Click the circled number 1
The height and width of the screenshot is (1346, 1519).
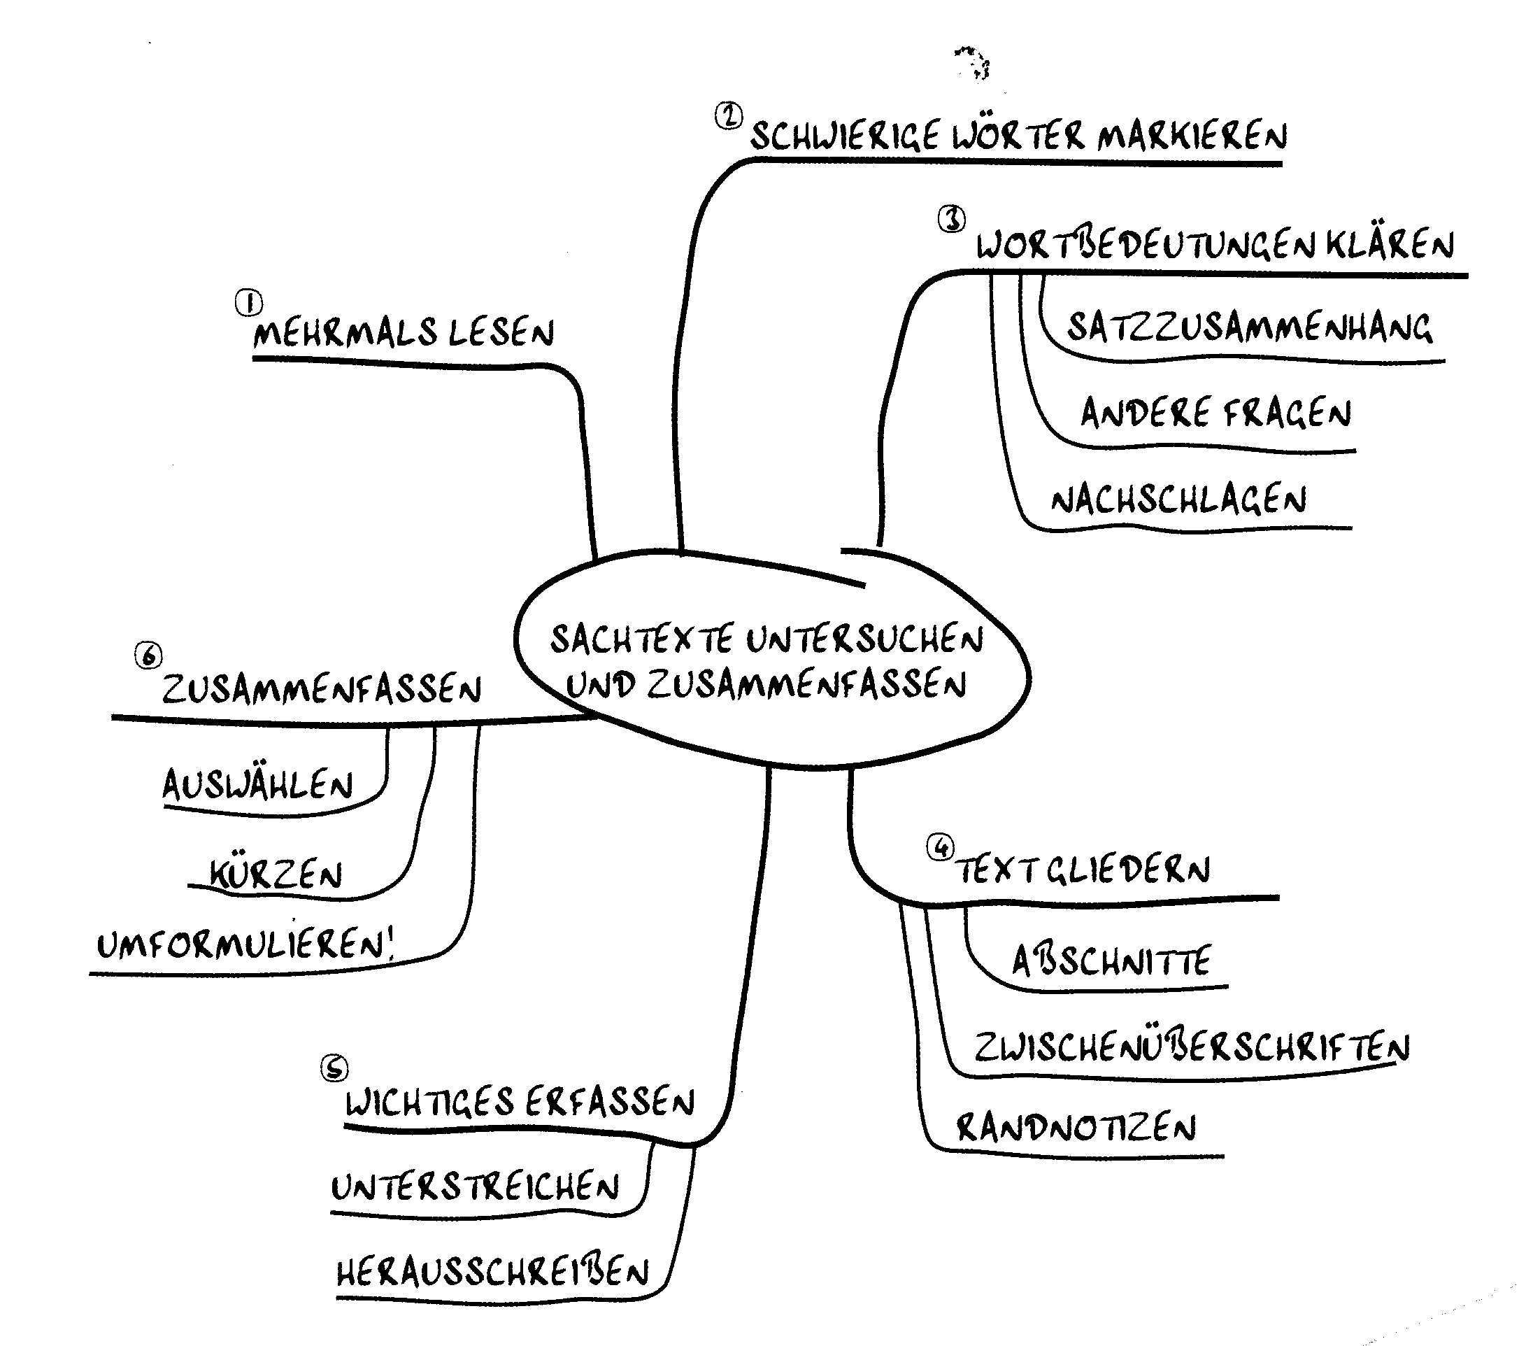[249, 302]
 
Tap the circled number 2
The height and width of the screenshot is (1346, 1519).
[729, 116]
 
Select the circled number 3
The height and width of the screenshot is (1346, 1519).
[952, 219]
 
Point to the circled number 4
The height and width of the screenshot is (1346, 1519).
[941, 846]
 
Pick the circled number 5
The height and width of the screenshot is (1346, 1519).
[334, 1068]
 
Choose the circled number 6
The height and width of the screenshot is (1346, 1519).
[149, 656]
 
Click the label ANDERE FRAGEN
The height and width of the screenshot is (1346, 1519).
[1215, 413]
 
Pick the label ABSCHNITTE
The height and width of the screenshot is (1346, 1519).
[1112, 961]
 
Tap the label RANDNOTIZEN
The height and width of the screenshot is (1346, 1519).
[1076, 1128]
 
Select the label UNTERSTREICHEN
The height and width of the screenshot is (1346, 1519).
[475, 1187]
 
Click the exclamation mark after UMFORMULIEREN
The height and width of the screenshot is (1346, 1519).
[391, 946]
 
